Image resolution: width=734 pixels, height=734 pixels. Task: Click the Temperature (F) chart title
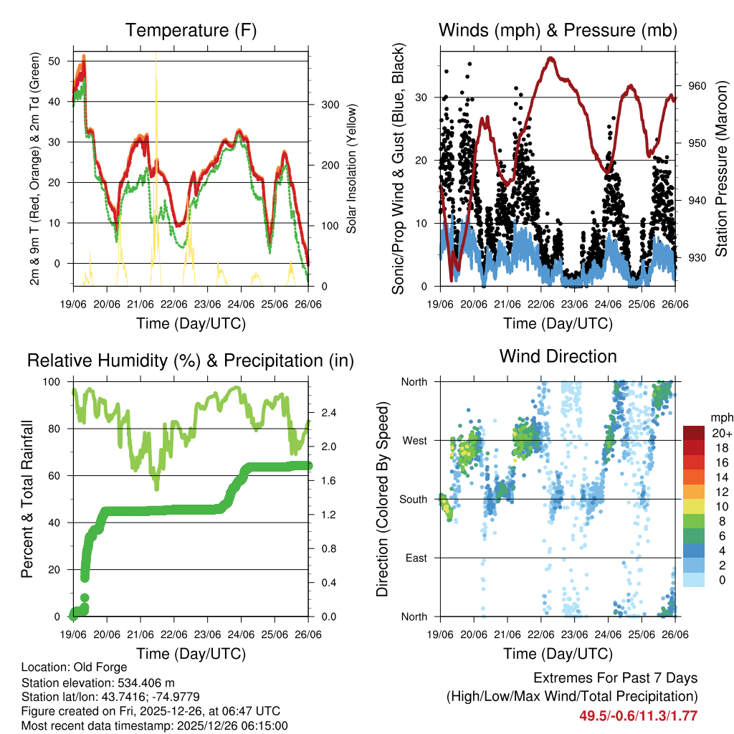pos(190,30)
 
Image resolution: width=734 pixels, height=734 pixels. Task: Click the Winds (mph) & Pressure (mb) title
pos(558,30)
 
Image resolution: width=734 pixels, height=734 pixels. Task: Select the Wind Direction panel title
pos(558,356)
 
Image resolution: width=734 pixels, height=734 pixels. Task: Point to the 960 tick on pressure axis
pos(697,86)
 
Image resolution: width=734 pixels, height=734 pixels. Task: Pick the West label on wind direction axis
pos(415,440)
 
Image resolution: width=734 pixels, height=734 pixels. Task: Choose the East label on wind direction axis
pos(416,558)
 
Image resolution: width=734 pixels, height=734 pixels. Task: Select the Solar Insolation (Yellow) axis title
pos(352,169)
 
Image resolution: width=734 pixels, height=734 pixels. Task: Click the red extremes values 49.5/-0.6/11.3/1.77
pos(638,715)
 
